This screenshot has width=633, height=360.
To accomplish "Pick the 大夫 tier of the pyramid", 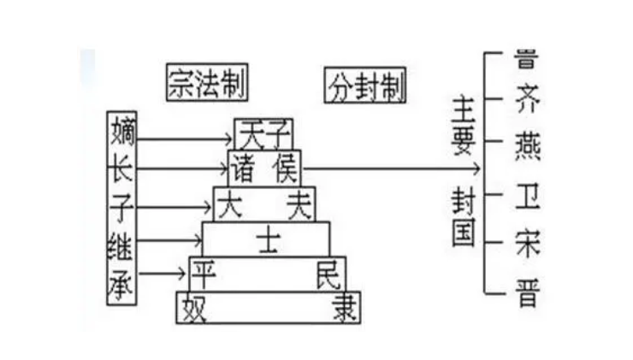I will (x=263, y=204).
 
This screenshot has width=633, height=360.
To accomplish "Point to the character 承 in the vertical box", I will (x=122, y=279).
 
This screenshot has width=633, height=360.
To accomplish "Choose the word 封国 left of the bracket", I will (x=463, y=218).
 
